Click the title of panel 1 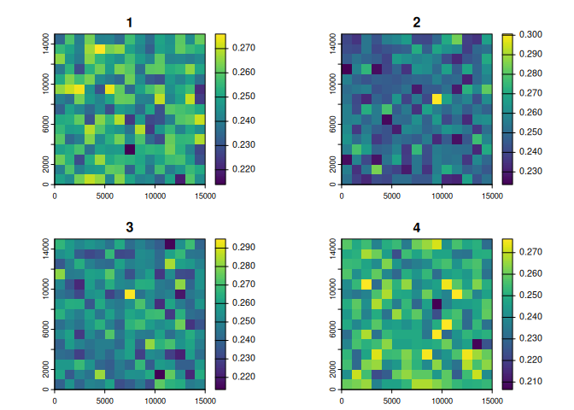pos(129,22)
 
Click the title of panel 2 pos(416,22)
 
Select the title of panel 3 pos(129,227)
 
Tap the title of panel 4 pos(416,227)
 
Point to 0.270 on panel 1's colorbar pos(243,49)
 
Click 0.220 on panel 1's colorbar pos(243,170)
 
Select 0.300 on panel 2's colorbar pos(530,35)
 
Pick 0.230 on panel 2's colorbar pos(530,171)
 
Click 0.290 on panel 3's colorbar pos(243,247)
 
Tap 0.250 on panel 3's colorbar pos(243,321)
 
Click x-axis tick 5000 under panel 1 pos(104,196)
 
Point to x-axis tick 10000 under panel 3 pos(155,401)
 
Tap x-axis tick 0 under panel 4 pos(342,401)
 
